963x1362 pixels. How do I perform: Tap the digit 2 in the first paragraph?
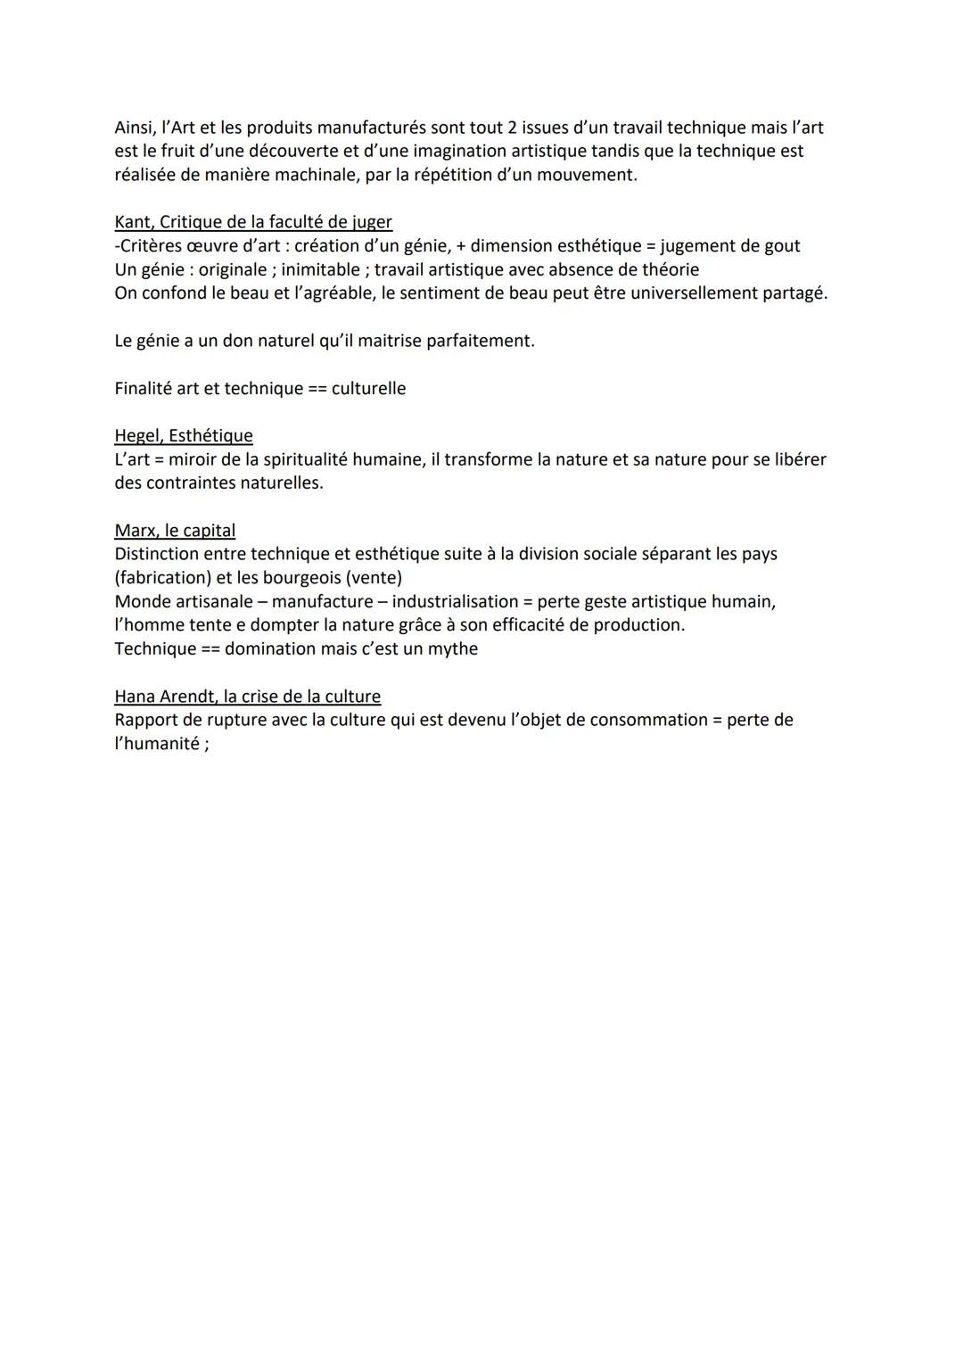(x=513, y=128)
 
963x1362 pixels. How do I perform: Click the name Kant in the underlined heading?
(x=132, y=222)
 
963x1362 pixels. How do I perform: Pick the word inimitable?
(x=321, y=269)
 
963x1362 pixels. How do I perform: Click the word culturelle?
(x=368, y=388)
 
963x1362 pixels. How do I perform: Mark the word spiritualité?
(x=316, y=459)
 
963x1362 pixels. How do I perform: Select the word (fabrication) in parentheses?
(x=165, y=578)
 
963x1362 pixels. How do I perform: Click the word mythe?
(x=454, y=648)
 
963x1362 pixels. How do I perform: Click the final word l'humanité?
(x=157, y=744)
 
